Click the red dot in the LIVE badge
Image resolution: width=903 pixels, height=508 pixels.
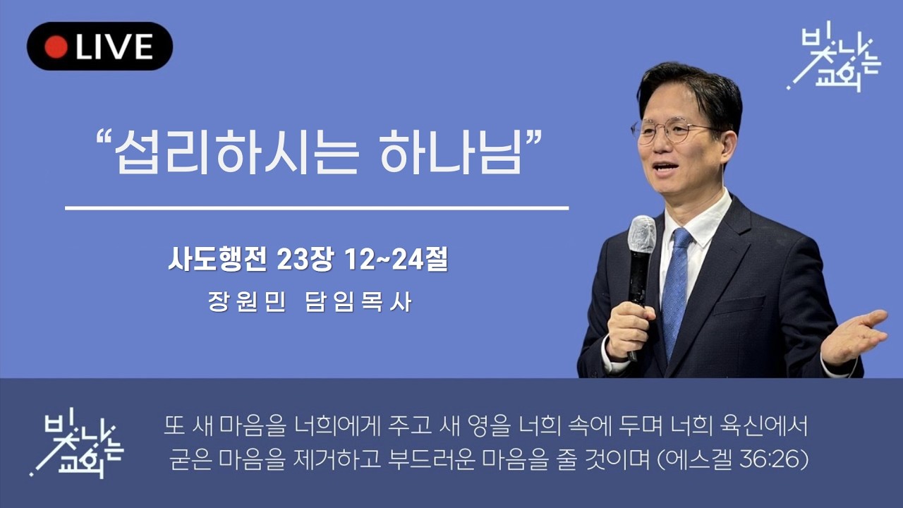(x=56, y=47)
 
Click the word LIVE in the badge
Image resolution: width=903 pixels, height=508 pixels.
(x=114, y=47)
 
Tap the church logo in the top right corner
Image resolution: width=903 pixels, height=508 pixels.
(x=833, y=60)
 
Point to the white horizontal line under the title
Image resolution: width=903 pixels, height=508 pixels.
(x=317, y=208)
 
